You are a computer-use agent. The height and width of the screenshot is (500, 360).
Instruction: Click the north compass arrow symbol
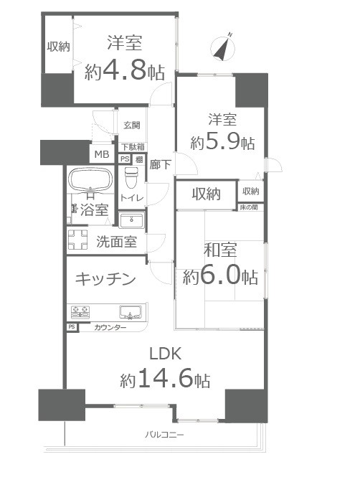pyautogui.click(x=223, y=48)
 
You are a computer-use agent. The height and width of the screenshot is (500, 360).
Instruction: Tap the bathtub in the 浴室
pyautogui.click(x=90, y=179)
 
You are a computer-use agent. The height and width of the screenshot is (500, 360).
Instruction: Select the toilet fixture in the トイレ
pyautogui.click(x=131, y=177)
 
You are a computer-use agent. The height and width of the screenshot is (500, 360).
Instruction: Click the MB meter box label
pyautogui.click(x=102, y=154)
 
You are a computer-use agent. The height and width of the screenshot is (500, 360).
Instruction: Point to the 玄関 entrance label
pyautogui.click(x=132, y=125)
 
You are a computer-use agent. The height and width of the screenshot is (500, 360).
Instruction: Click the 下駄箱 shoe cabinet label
pyautogui.click(x=133, y=147)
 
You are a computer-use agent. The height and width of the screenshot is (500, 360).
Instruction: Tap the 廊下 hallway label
pyautogui.click(x=160, y=164)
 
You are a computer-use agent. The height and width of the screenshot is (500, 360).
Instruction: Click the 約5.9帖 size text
pyautogui.click(x=222, y=142)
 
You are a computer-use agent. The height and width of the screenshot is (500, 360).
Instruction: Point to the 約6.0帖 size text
pyautogui.click(x=220, y=276)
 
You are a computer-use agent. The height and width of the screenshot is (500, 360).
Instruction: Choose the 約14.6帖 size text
pyautogui.click(x=165, y=378)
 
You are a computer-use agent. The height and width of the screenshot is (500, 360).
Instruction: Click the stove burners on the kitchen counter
pyautogui.click(x=80, y=312)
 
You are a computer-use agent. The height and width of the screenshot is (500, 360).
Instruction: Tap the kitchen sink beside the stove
pyautogui.click(x=131, y=312)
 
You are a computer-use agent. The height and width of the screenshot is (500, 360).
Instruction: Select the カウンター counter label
pyautogui.click(x=110, y=328)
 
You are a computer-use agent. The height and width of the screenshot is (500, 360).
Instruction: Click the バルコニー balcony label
pyautogui.click(x=164, y=435)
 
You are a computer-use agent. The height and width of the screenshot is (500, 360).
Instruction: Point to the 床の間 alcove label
pyautogui.click(x=249, y=207)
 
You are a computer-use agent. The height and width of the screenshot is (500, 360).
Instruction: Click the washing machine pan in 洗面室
pyautogui.click(x=77, y=239)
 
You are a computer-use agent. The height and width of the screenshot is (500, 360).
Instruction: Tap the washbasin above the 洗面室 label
pyautogui.click(x=131, y=220)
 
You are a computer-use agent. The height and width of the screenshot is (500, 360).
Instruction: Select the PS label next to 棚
pyautogui.click(x=125, y=159)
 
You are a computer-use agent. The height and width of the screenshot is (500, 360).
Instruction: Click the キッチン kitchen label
pyautogui.click(x=105, y=279)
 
